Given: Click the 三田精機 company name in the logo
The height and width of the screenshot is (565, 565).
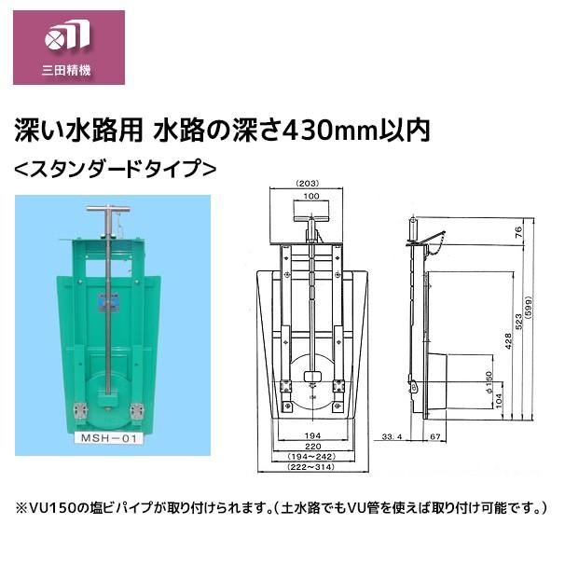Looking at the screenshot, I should tap(67, 71).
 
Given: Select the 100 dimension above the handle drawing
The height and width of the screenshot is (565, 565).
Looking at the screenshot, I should tap(310, 198).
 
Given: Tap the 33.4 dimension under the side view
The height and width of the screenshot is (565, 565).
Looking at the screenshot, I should tap(393, 434).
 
